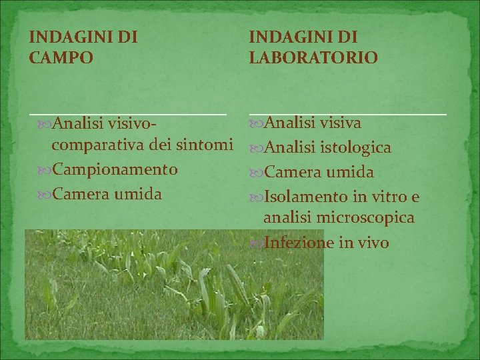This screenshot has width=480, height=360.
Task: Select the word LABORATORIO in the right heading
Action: pos(313,58)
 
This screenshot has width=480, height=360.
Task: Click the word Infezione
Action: pos(298,243)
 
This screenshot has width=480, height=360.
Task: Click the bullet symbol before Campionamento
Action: pos(45,170)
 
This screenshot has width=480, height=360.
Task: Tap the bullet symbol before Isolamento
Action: pos(257,197)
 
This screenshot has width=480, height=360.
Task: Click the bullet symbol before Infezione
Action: pos(257,243)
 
